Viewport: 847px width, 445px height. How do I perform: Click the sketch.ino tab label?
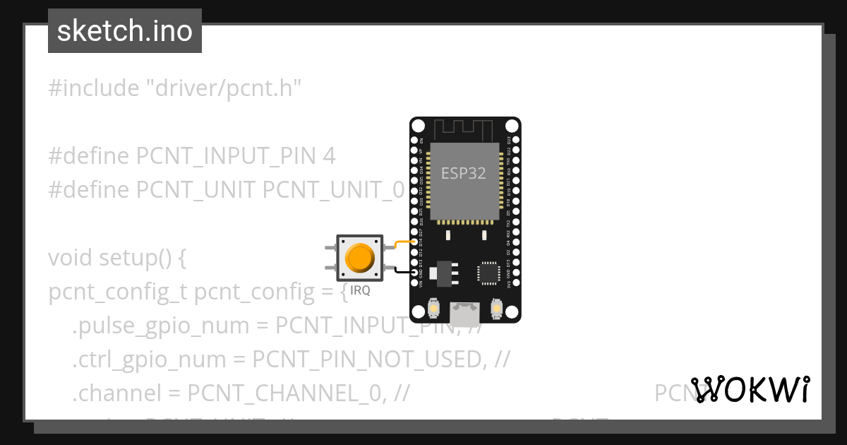(x=125, y=32)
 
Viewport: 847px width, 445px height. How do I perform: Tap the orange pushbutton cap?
(x=360, y=258)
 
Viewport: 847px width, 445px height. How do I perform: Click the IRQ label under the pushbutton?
(x=360, y=290)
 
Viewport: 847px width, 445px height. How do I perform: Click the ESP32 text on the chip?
(x=464, y=173)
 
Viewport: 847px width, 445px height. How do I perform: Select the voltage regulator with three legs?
(x=443, y=273)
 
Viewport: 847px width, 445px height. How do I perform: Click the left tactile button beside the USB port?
(x=434, y=309)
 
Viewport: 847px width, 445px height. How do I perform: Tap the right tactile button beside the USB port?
(x=497, y=309)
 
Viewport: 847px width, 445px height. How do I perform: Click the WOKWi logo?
(x=750, y=389)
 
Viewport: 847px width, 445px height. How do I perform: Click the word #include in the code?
(x=94, y=89)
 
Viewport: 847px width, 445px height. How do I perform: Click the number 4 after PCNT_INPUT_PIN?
(x=329, y=156)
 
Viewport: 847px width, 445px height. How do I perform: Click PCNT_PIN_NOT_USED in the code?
(x=366, y=360)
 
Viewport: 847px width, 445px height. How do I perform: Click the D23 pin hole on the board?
(x=515, y=141)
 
